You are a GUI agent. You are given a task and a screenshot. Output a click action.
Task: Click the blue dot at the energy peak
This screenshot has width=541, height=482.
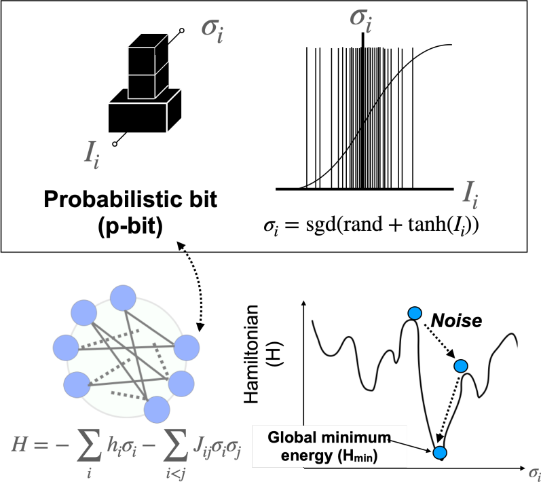coord(415,312)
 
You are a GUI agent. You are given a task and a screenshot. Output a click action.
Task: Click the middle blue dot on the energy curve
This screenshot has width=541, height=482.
coord(461,367)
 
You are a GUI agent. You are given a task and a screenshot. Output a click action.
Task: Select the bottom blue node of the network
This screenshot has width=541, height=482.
coord(156,409)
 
